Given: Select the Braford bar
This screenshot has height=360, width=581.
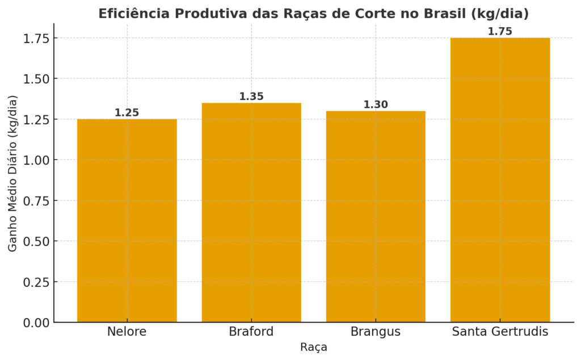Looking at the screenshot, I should point(251,212).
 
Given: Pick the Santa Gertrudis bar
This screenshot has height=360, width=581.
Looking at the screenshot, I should point(500,180).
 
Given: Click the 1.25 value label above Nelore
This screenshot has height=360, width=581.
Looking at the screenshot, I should point(127,113).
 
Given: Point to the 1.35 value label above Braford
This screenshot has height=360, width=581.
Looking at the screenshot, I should point(251,97).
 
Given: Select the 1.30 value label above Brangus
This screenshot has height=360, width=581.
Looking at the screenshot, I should point(376,104).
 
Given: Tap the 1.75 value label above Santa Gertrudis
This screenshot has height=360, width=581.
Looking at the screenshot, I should point(500,32).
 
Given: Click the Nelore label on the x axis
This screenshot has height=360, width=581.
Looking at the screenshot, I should point(127,332).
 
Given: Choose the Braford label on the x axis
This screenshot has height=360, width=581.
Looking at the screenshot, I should point(251,332).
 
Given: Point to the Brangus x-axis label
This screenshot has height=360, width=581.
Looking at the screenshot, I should point(376,332).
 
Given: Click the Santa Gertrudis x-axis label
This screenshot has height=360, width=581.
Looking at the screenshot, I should point(500,332).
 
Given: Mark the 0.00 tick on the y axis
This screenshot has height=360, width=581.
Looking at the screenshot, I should point(36,323).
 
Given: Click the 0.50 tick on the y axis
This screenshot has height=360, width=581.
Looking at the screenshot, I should point(36,241).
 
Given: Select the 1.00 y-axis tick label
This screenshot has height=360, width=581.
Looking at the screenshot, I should point(36,160).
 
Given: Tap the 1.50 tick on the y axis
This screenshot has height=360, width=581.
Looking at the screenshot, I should point(36,79).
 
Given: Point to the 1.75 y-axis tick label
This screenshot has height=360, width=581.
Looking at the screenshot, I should point(36,38).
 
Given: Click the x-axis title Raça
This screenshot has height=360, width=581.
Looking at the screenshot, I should point(314,347).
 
